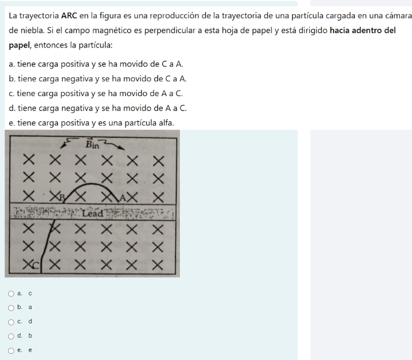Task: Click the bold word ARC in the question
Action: [69, 16]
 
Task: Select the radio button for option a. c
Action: [11, 294]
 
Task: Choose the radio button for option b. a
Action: [11, 308]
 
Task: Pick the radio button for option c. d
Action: [11, 322]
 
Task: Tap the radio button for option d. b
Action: [11, 336]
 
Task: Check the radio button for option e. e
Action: [11, 350]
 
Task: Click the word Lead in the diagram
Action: [92, 213]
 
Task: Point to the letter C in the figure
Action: [36, 266]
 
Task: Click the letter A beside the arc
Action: [123, 197]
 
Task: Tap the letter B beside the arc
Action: [62, 197]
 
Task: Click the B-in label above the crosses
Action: [92, 144]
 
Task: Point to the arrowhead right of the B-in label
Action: [121, 148]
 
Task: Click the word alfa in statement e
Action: [166, 123]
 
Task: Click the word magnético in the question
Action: [117, 31]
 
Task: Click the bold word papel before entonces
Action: [19, 45]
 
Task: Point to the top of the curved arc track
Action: [92, 184]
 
